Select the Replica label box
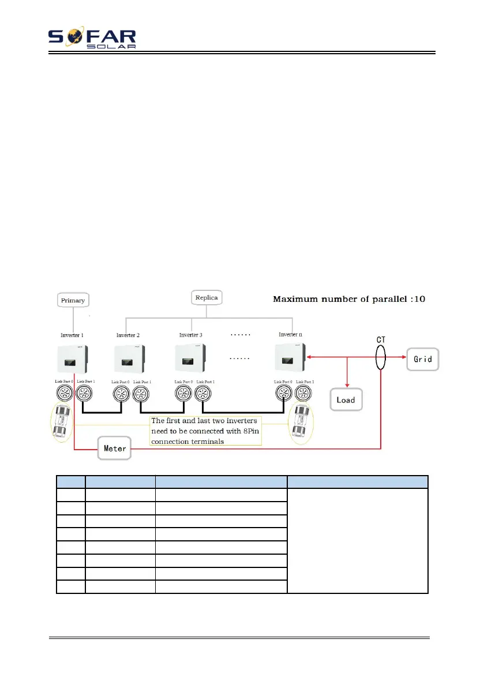tap(207, 298)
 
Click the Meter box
tap(115, 448)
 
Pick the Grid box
tap(423, 359)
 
